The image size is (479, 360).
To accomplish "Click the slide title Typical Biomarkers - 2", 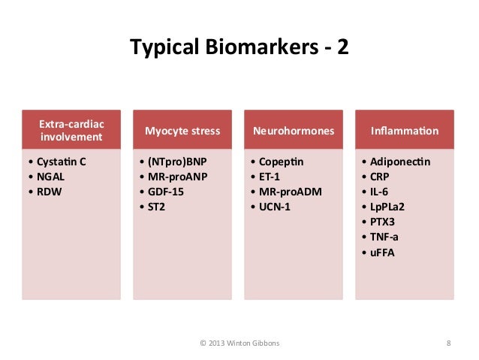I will pos(239,48).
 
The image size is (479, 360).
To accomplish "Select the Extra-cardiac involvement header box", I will pos(72,130).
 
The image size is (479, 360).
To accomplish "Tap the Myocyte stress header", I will pos(182,131).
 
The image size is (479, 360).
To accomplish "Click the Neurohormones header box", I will pos(294,131).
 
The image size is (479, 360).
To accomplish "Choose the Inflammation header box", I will pos(405,131).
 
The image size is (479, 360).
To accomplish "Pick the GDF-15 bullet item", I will pos(164,191).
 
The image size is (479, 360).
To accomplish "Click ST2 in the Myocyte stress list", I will pos(156,206).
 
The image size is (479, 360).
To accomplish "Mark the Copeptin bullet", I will pos(279,161).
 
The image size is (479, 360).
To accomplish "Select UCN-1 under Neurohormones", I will pos(273,206).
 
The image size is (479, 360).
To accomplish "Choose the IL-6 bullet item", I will pos(378,191).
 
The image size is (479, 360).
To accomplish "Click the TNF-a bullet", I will pos(382,236).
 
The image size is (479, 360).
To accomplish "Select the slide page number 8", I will pos(448,343).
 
